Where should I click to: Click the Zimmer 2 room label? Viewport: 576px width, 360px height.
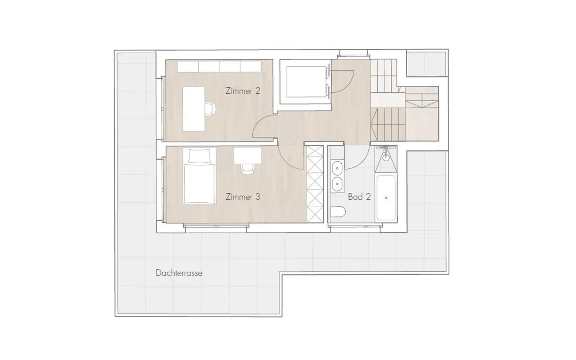coord(243,91)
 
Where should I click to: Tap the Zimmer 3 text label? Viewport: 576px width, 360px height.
coord(243,197)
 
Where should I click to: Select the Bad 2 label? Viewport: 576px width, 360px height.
coord(359,197)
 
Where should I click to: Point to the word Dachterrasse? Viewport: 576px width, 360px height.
coord(179,273)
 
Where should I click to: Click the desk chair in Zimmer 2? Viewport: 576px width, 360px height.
coord(210,108)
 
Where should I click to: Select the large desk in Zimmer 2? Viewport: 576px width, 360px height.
coord(194,109)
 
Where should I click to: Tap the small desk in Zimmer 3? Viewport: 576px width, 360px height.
coord(248,155)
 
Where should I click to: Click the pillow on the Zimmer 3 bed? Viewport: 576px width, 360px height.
coord(199,156)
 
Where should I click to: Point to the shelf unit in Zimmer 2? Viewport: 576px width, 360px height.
coord(219,66)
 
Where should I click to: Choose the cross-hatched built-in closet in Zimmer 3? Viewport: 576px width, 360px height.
coord(315,184)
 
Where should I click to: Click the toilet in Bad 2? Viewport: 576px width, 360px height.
coord(338,212)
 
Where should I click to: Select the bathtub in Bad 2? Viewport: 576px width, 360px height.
coord(386,198)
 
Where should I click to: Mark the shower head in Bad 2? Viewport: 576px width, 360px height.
coord(386,156)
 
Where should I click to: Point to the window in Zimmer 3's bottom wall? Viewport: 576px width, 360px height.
coord(216,226)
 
